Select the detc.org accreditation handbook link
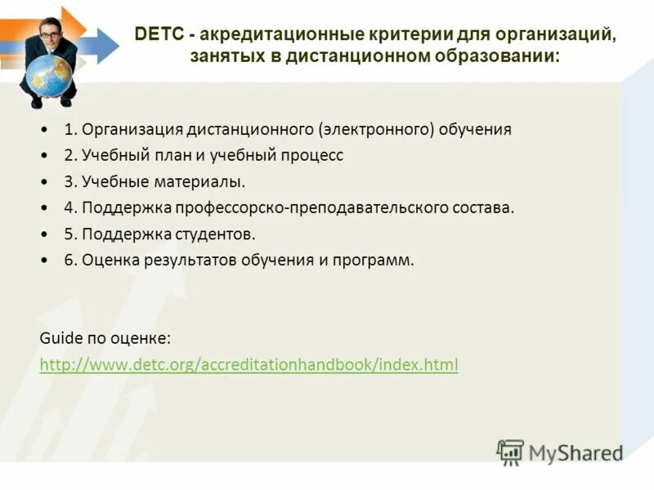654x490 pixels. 249,364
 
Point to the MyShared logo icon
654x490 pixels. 510,452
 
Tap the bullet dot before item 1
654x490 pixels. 43,130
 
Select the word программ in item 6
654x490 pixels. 372,260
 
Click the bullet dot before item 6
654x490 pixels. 43,261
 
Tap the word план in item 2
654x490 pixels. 188,155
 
